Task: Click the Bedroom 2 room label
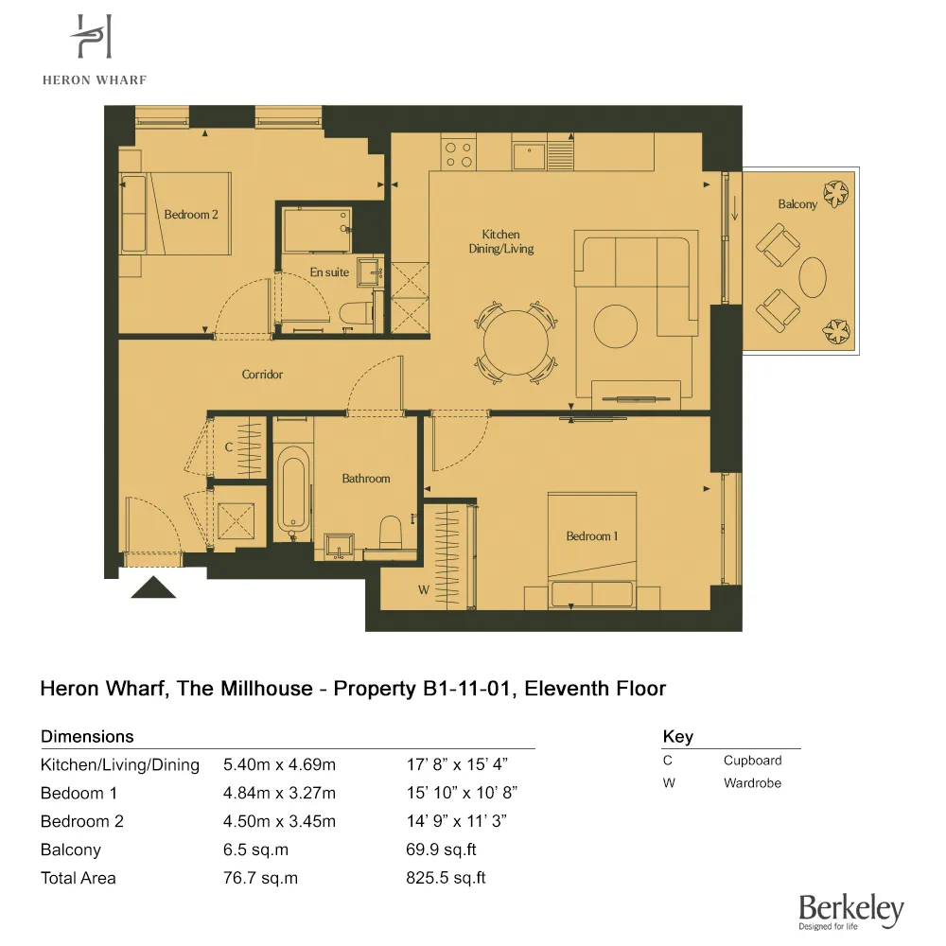[191, 215]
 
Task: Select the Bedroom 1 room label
[592, 536]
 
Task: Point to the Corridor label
[262, 375]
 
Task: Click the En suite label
[329, 272]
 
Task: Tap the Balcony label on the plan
[797, 204]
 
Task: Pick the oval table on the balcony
[814, 277]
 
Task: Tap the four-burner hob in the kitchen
[459, 153]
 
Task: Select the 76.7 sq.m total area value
[260, 878]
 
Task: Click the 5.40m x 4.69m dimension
[279, 764]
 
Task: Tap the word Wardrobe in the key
[752, 782]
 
